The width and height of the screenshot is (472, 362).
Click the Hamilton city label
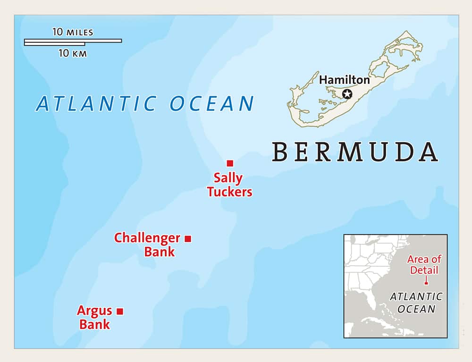(344, 80)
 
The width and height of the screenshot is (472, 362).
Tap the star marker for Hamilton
(347, 94)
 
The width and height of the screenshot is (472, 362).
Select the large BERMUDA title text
(354, 152)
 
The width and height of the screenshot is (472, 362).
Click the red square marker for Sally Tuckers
(230, 163)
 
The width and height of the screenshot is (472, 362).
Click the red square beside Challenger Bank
(187, 239)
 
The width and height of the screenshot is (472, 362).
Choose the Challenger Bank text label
(147, 244)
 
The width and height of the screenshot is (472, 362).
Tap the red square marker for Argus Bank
(120, 311)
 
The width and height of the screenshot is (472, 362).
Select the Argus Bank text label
(94, 318)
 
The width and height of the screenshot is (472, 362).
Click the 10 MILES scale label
(73, 33)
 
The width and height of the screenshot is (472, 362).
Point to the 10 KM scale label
(72, 53)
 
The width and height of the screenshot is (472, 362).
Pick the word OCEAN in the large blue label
(212, 104)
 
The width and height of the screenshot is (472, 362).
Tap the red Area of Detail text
(424, 264)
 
